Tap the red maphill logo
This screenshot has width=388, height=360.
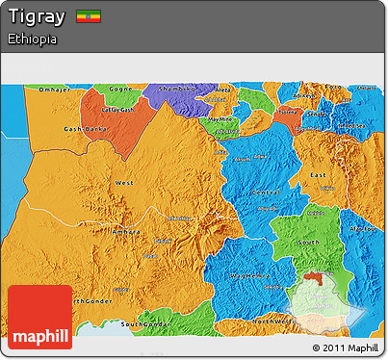click(x=39, y=317)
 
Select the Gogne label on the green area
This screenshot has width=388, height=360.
click(x=119, y=89)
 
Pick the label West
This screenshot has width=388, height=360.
click(x=124, y=182)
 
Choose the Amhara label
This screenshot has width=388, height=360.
click(x=128, y=232)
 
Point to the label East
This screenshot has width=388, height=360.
click(x=318, y=174)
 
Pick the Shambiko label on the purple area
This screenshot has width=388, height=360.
click(x=176, y=88)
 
